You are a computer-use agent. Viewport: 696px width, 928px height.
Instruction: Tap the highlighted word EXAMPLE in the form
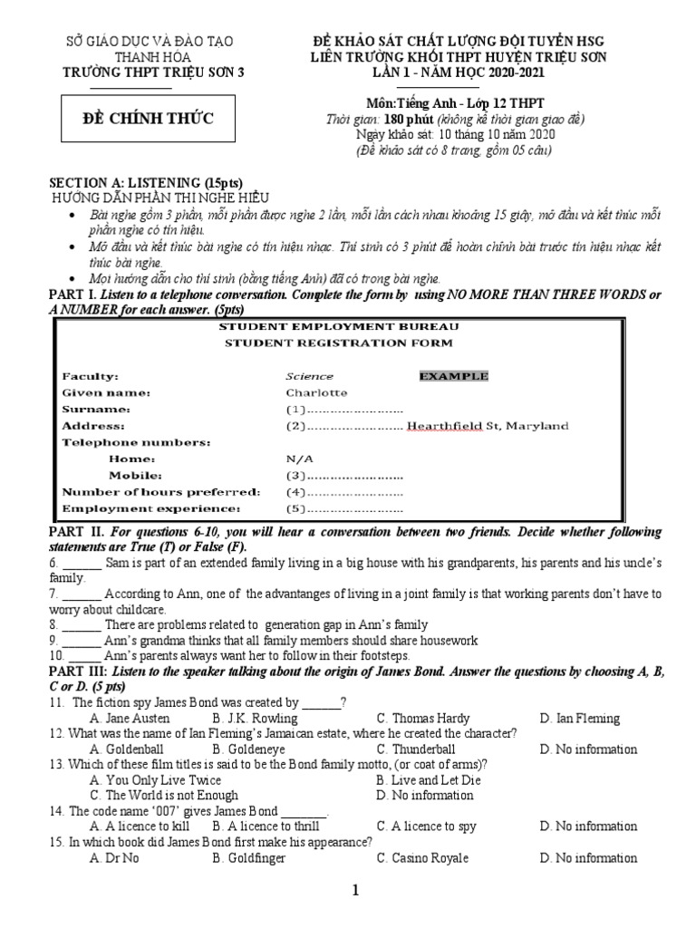(453, 376)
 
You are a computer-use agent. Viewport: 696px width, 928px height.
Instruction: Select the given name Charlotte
(316, 392)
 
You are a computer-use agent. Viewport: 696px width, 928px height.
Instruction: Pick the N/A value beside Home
(299, 459)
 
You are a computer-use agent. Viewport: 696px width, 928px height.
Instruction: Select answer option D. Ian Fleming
(579, 719)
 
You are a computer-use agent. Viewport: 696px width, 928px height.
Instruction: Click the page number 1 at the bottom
(357, 891)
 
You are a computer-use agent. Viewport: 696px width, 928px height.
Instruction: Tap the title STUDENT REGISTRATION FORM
(339, 343)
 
